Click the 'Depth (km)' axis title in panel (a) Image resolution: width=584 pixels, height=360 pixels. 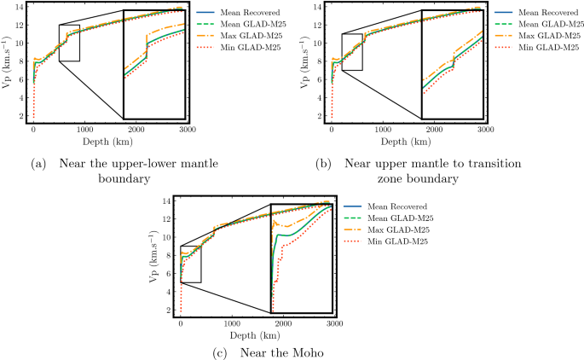pos(109,144)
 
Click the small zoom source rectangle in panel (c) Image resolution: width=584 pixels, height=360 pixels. pos(190,264)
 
